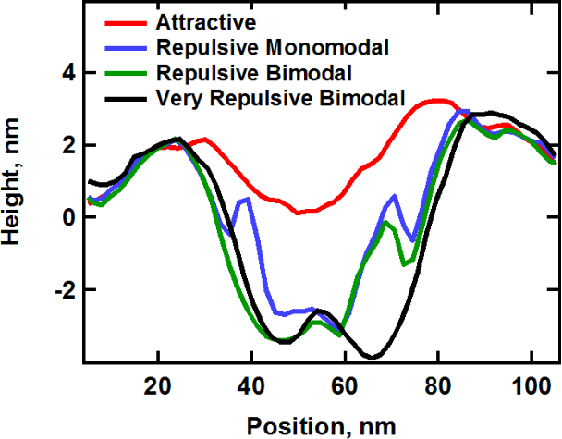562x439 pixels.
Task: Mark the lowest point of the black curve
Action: click(371, 357)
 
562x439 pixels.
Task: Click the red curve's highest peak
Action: click(441, 100)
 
